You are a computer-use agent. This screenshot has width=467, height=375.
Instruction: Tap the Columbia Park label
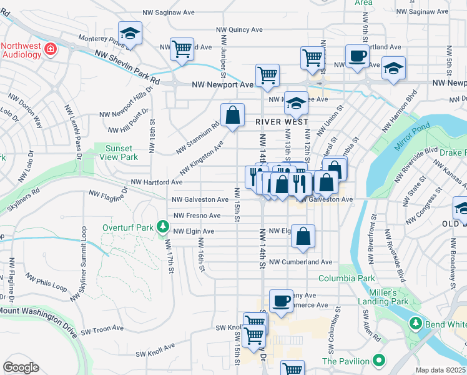point(347,278)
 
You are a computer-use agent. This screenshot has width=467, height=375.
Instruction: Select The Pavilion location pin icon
point(379,361)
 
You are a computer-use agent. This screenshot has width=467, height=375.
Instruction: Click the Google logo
point(21,367)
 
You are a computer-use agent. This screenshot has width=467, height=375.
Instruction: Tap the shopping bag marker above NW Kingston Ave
point(232,115)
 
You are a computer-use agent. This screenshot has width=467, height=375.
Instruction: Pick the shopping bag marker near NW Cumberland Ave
point(303,236)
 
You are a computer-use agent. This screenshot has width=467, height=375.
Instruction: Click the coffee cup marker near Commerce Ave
point(281,301)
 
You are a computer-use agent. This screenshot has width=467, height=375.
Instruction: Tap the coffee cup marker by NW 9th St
point(357,55)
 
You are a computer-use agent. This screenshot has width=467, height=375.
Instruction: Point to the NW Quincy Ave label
point(239,29)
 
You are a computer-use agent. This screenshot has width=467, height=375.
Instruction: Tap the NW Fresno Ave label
point(197,216)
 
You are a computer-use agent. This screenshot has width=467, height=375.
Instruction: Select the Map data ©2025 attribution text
point(441,370)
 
